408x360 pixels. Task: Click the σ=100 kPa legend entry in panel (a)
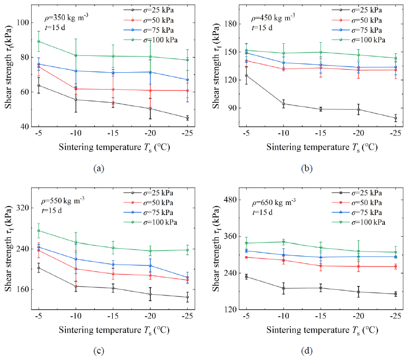coord(150,40)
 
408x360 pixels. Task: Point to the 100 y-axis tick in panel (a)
coord(23,23)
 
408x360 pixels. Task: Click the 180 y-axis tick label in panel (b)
coord(230,24)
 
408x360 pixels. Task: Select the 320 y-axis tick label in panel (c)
coord(23,208)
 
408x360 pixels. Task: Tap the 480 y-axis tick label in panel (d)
coord(230,200)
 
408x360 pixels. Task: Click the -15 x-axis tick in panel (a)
coord(113,133)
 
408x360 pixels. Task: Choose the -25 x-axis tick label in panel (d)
coord(395,316)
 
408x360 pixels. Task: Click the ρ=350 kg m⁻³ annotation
coord(66,18)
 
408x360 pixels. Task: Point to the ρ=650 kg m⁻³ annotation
coord(274,202)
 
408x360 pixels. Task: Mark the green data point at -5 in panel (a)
coord(39,41)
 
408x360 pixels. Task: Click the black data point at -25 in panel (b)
coord(395,118)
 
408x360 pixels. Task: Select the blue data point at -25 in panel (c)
coord(187,278)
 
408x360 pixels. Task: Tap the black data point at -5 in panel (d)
coord(246,277)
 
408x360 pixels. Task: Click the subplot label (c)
coord(99,351)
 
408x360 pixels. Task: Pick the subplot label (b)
coord(307,168)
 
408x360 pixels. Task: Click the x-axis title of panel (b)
coord(322,148)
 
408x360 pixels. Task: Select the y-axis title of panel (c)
coord(8,249)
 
